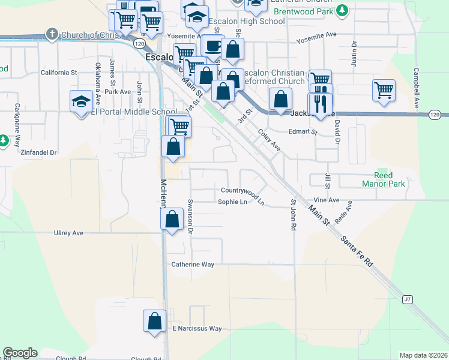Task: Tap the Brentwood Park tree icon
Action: click(x=342, y=10)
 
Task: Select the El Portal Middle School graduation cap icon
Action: click(x=80, y=101)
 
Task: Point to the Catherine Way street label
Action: click(x=193, y=264)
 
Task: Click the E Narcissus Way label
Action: click(x=197, y=329)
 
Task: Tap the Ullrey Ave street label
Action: click(x=68, y=232)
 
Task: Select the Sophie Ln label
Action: click(x=232, y=202)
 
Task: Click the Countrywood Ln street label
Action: click(x=243, y=193)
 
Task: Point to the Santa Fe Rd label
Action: click(x=358, y=250)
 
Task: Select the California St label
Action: click(x=59, y=73)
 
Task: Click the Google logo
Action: click(x=20, y=353)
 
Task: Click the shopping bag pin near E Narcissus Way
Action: click(x=154, y=320)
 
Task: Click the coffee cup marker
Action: click(x=212, y=46)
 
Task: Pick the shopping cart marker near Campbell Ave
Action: click(x=384, y=90)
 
